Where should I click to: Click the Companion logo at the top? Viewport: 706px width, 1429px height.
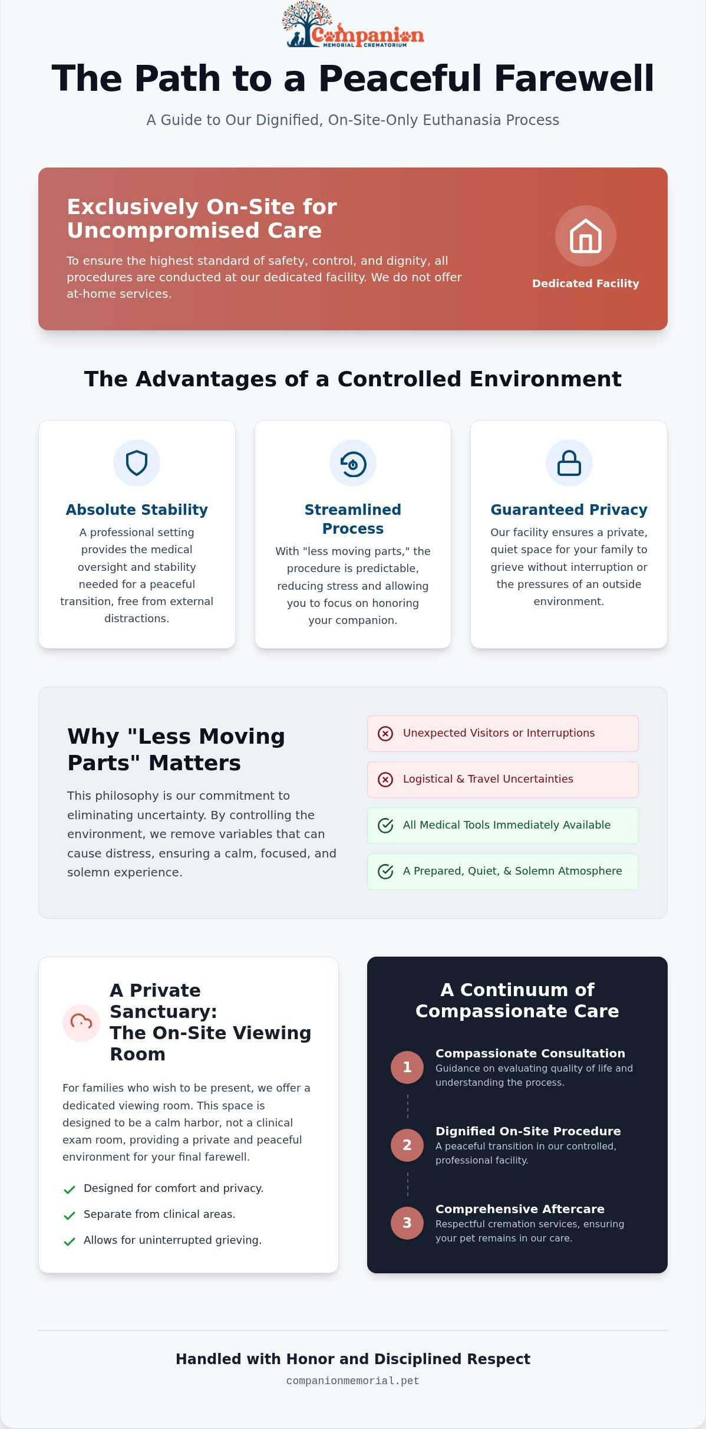pyautogui.click(x=353, y=24)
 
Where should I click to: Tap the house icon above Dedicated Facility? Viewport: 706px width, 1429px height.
pyautogui.click(x=585, y=236)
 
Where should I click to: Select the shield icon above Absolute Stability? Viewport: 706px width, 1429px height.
pyautogui.click(x=137, y=463)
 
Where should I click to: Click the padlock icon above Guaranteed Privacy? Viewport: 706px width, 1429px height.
pyautogui.click(x=569, y=463)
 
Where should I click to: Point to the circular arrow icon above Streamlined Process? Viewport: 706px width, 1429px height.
pyautogui.click(x=353, y=464)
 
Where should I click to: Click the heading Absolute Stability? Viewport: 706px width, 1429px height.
pyautogui.click(x=137, y=510)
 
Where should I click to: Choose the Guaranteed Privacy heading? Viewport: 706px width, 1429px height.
pyautogui.click(x=569, y=510)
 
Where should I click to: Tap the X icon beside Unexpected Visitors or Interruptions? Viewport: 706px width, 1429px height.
pyautogui.click(x=385, y=733)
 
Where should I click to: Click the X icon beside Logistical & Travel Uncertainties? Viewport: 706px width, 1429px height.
pyautogui.click(x=385, y=779)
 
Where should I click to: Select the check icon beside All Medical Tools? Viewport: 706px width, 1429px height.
pyautogui.click(x=385, y=825)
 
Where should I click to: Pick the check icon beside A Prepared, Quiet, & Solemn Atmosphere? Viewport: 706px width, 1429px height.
pyautogui.click(x=385, y=871)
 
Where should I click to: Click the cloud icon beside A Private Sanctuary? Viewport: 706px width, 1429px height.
pyautogui.click(x=81, y=1022)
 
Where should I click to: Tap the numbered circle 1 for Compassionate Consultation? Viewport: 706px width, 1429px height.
pyautogui.click(x=407, y=1067)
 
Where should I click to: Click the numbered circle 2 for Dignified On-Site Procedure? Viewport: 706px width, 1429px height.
pyautogui.click(x=407, y=1145)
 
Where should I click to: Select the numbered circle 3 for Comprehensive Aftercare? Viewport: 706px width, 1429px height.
pyautogui.click(x=407, y=1223)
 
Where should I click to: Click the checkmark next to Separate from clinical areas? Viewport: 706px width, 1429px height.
pyautogui.click(x=69, y=1215)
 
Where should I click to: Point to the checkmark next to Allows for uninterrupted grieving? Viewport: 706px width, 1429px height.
pyautogui.click(x=69, y=1241)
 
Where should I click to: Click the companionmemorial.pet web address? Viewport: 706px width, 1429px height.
pyautogui.click(x=353, y=1381)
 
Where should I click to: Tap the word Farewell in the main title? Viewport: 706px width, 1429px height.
pyautogui.click(x=574, y=78)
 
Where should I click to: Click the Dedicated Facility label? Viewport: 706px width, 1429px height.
pyautogui.click(x=585, y=284)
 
